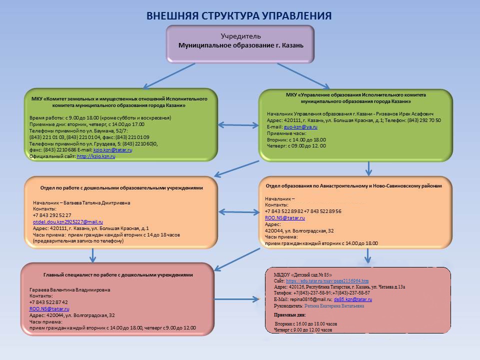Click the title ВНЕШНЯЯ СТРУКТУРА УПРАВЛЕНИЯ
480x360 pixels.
(x=239, y=15)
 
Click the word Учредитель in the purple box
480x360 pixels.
(x=240, y=36)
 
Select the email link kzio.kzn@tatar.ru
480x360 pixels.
(x=112, y=150)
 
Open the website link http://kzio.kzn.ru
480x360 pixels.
(x=96, y=156)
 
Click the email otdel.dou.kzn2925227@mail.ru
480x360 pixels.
(x=67, y=221)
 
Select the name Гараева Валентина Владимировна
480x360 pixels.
(x=69, y=289)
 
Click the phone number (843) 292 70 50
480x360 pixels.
(x=424, y=120)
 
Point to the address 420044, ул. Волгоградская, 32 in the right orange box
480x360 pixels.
(x=299, y=230)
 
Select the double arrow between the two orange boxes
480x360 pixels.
(x=238, y=212)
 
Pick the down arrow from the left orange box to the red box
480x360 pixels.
(x=92, y=254)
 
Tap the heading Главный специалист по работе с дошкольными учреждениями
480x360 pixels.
(x=118, y=275)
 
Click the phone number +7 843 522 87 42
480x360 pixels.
(x=48, y=302)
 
